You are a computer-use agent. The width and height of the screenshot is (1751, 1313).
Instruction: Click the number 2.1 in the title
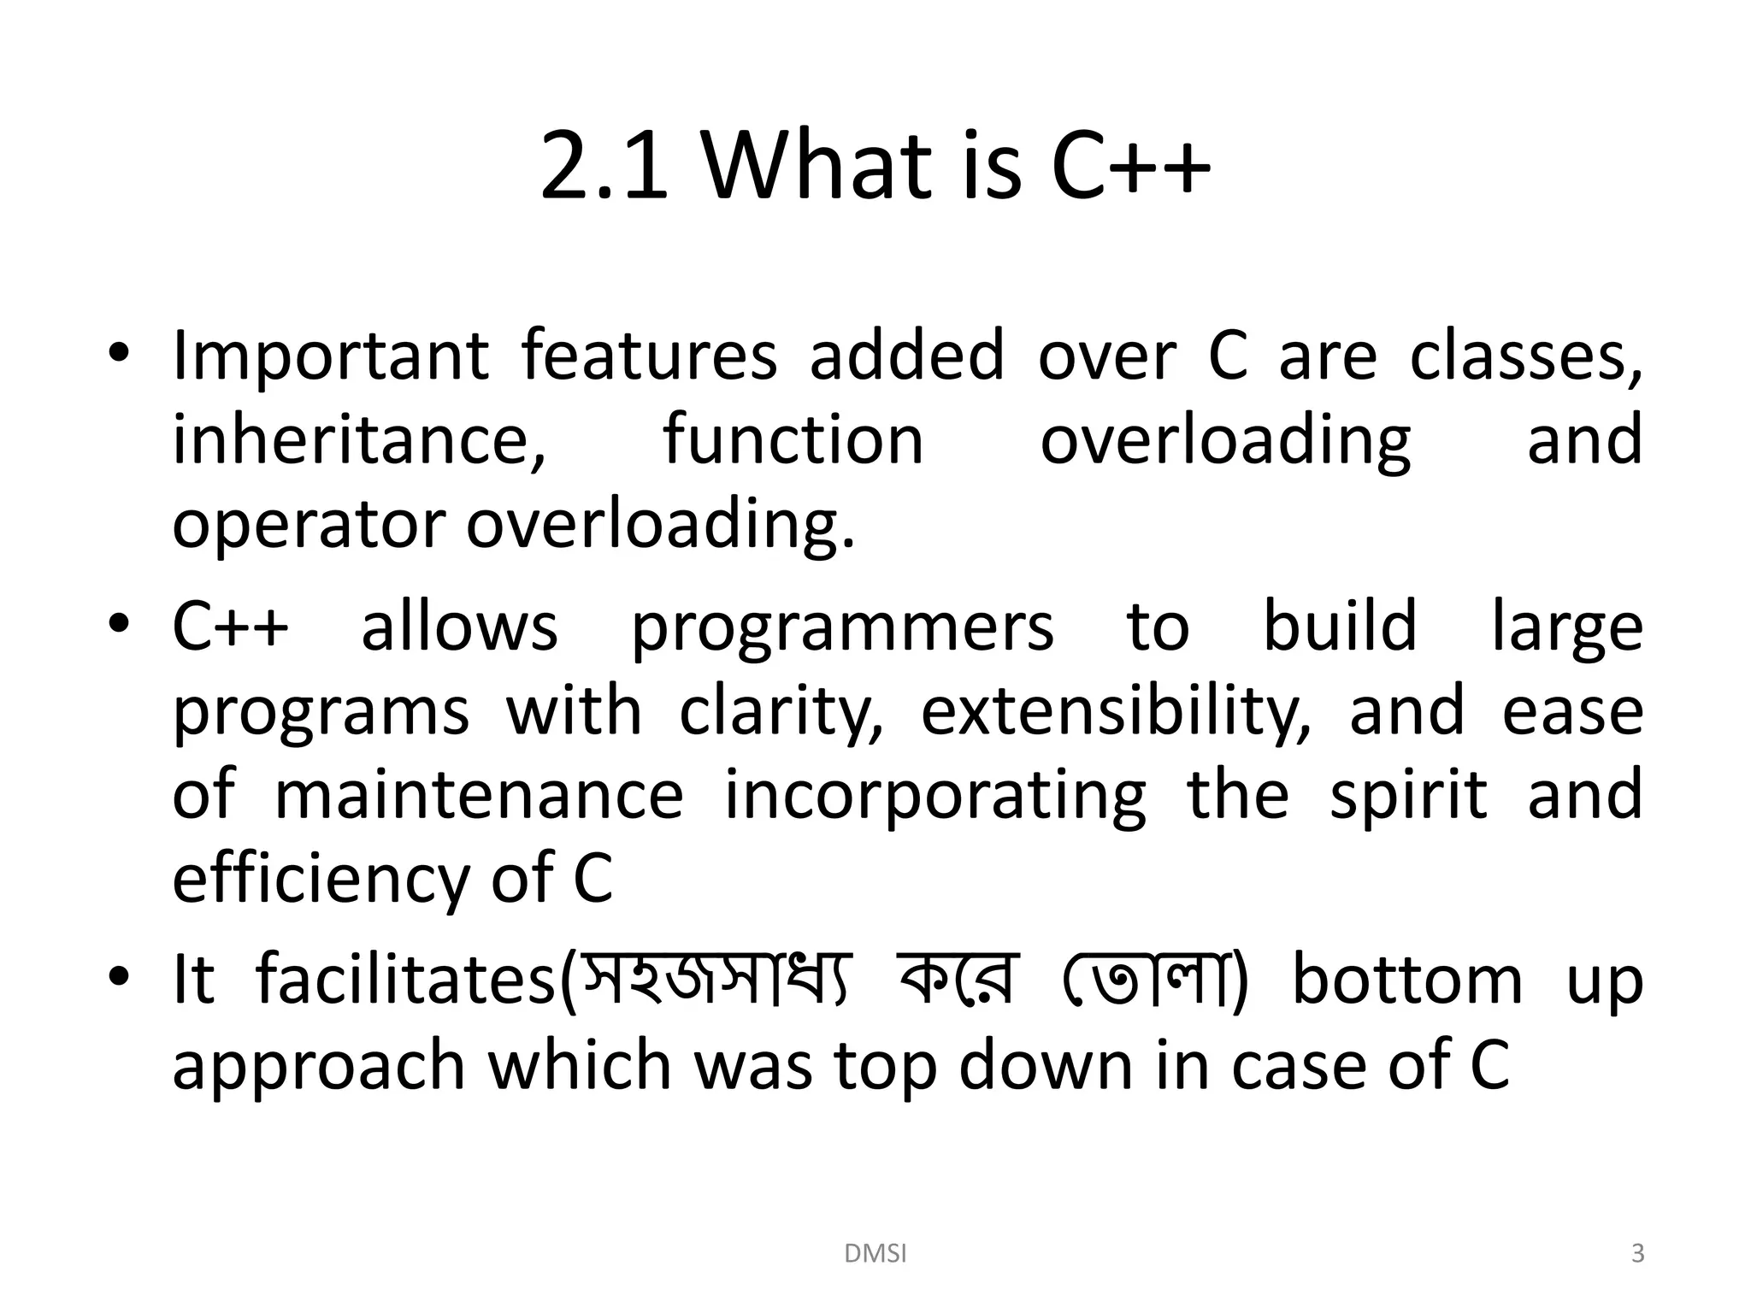604,167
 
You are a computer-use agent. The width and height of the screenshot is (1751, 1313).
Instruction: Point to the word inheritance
359,440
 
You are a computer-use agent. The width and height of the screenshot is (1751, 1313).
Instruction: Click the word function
793,440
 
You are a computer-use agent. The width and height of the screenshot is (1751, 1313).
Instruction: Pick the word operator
309,526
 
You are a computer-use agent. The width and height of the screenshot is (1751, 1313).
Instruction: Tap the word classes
1525,357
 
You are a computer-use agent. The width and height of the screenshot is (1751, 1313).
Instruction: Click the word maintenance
479,795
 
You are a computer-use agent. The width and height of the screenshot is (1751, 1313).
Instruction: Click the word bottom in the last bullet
1407,980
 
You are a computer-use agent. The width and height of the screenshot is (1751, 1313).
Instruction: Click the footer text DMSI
875,1254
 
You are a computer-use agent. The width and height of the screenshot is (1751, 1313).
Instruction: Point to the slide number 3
1637,1254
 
